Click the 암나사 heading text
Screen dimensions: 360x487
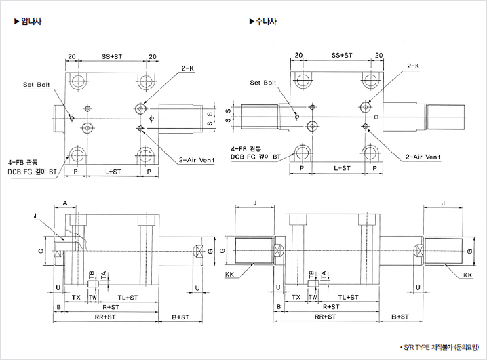pos(33,22)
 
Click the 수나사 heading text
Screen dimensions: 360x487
pos(266,22)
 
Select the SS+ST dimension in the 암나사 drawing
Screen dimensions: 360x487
pos(112,56)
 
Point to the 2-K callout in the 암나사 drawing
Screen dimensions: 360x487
pos(187,68)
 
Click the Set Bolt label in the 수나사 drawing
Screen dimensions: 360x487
pos(263,83)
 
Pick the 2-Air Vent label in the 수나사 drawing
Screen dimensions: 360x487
pos(423,157)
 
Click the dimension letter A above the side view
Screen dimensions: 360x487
pos(64,203)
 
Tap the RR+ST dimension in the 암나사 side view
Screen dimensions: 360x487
pos(104,316)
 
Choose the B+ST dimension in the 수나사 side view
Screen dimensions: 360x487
pos(401,317)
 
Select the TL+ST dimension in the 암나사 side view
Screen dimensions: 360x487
pos(127,298)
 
